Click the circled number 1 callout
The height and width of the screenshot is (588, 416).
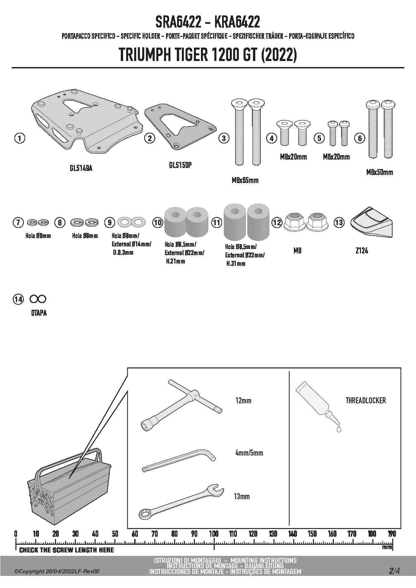point(20,138)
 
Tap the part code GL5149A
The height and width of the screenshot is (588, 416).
point(81,168)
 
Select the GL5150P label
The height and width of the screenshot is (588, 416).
point(180,165)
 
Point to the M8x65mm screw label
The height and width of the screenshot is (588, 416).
point(245,181)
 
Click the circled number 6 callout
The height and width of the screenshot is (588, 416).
point(360,138)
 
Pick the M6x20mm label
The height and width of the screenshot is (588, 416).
point(336,157)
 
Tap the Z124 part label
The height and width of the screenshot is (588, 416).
point(362,251)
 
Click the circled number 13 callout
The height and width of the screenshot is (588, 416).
point(339,222)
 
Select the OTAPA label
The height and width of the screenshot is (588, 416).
point(39,313)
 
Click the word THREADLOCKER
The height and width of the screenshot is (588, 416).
point(366,400)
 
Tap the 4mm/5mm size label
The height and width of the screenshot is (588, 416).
point(249,453)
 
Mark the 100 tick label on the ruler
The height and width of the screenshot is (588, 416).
point(214,534)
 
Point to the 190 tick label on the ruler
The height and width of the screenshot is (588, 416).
point(392,534)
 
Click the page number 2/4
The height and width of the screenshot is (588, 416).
point(394,571)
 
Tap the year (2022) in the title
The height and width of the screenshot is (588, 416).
point(279,55)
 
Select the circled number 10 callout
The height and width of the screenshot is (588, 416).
point(157,222)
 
